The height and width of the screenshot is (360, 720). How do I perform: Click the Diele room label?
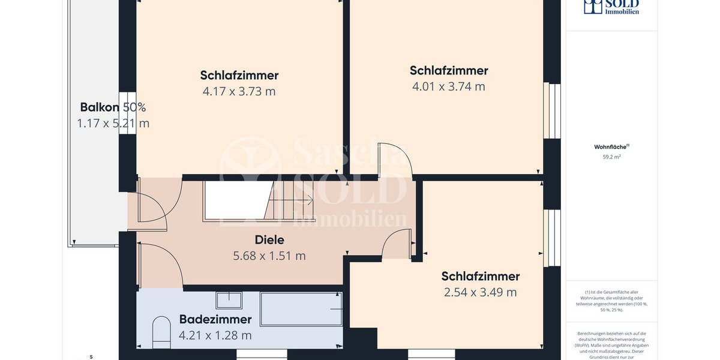269,240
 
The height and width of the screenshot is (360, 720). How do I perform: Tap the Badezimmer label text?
215,319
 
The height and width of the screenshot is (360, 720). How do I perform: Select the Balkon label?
100,107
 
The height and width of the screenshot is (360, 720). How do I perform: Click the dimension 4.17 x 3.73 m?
239,91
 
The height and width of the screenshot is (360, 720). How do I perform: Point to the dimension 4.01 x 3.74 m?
448,86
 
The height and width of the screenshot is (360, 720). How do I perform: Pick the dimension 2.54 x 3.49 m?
480,292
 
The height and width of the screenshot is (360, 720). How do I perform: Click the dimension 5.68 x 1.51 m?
269,256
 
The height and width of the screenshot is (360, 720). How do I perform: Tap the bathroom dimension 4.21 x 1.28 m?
215,335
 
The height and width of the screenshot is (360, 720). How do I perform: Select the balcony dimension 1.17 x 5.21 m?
113,123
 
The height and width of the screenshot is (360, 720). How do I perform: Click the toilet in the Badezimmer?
161,332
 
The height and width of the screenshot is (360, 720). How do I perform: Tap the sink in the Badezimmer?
229,300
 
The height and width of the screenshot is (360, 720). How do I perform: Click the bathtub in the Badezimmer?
301,309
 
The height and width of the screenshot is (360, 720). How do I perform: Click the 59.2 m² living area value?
611,157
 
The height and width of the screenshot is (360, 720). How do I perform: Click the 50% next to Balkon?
134,107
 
